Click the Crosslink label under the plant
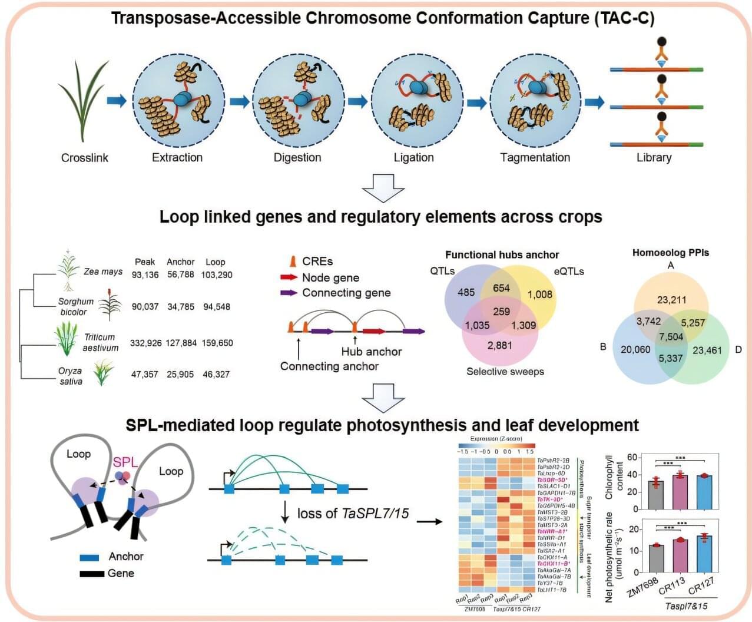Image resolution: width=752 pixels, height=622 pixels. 85,158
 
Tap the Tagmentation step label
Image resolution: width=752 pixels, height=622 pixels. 535,158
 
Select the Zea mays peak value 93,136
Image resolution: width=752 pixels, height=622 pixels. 145,275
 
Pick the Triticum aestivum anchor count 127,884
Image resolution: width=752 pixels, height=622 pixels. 180,343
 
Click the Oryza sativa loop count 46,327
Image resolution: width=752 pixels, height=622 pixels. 216,375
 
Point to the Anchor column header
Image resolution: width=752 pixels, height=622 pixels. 180,262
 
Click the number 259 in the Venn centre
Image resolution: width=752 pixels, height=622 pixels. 501,311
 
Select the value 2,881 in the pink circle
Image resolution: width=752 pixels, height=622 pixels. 499,345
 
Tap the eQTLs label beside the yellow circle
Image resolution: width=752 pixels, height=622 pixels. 569,272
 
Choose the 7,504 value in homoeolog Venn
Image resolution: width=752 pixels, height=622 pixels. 671,336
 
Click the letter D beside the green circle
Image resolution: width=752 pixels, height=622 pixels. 738,348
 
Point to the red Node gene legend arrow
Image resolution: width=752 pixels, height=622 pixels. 289,277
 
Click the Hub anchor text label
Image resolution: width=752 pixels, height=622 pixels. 372,352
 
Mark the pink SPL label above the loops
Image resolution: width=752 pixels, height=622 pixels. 125,462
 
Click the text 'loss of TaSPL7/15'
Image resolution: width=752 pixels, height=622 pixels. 353,514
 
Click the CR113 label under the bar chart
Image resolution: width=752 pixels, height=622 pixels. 672,586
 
